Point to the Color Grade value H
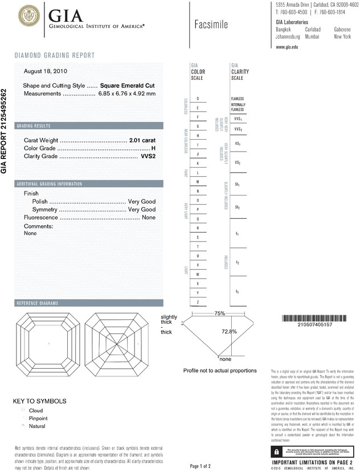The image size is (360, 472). pos(153,148)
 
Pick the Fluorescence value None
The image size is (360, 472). pos(149,218)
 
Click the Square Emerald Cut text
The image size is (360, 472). pos(128,85)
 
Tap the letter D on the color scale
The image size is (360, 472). pos(197,99)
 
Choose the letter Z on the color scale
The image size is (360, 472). pos(197,302)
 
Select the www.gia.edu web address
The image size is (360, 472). pos(288,47)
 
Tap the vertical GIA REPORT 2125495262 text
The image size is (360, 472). pos(5,131)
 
